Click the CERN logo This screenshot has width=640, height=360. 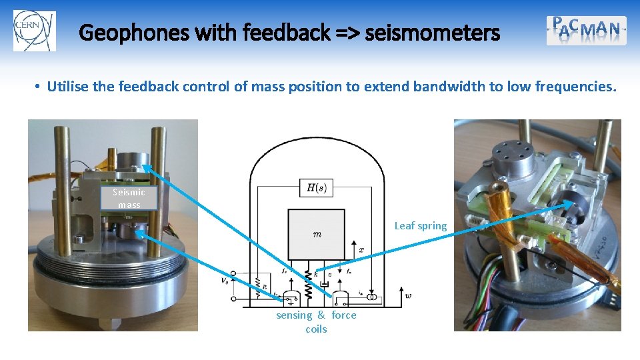click(x=35, y=31)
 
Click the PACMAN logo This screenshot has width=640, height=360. click(x=587, y=30)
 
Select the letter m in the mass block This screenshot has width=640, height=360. click(x=317, y=234)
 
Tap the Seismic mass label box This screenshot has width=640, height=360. click(x=129, y=199)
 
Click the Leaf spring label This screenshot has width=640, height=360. click(x=420, y=226)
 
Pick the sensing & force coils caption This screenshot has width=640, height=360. click(x=316, y=322)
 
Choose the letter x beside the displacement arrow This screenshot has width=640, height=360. click(x=361, y=250)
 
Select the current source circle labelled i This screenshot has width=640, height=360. click(x=375, y=296)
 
